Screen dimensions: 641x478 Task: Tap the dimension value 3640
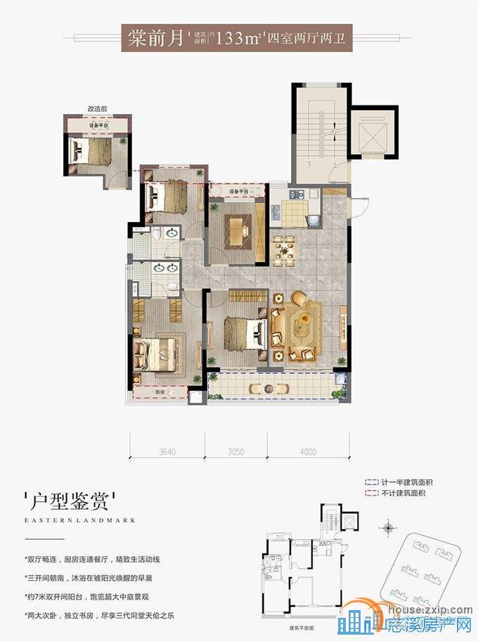[x=167, y=451]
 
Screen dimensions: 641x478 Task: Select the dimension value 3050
[x=235, y=451]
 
